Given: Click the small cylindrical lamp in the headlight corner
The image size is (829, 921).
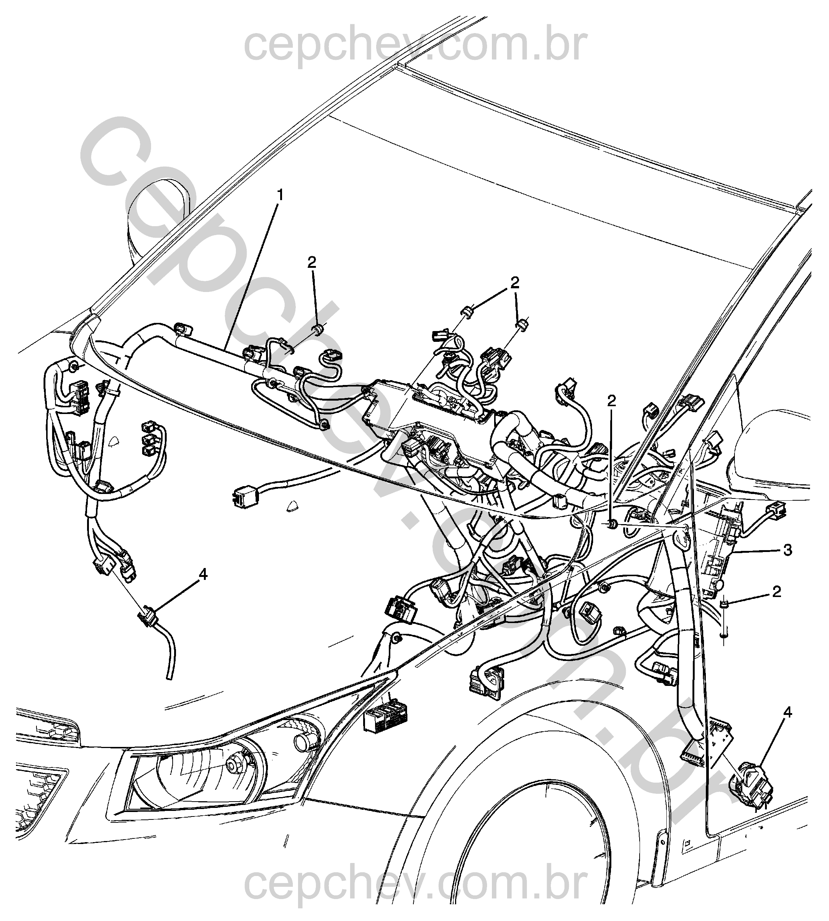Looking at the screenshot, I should (x=302, y=742).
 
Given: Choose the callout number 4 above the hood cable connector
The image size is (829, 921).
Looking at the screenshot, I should (x=203, y=575).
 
